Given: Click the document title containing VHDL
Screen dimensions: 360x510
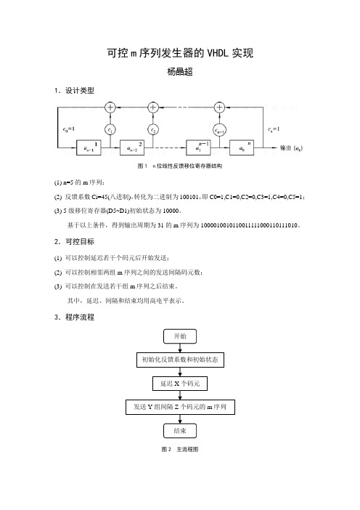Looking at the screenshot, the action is (x=180, y=53).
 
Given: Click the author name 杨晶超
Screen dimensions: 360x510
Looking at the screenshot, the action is (x=180, y=71).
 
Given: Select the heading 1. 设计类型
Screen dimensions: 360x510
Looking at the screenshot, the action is (x=74, y=90).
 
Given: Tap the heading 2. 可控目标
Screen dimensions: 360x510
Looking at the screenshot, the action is (x=74, y=241).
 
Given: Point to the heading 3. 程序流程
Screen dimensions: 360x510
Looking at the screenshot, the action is (x=74, y=317).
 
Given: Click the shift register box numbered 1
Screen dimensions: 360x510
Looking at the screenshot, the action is (x=89, y=147).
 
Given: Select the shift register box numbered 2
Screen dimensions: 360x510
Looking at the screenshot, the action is (x=132, y=147).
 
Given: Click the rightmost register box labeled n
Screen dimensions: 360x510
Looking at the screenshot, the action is (x=242, y=147).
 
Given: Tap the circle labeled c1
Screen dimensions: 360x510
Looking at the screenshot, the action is (x=110, y=130).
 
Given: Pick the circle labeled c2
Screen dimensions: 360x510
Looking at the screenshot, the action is (x=153, y=130).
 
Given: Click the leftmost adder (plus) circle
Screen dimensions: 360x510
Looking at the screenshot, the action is (x=110, y=107).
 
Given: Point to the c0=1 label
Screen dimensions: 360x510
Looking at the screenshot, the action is (x=68, y=129).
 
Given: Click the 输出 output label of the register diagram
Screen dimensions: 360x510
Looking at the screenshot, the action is (x=292, y=148).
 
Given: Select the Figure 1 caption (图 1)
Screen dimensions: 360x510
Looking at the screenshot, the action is (x=180, y=166).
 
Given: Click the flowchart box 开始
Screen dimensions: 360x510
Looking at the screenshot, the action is (x=180, y=336).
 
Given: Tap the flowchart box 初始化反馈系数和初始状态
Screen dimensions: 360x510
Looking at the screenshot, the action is (x=180, y=360).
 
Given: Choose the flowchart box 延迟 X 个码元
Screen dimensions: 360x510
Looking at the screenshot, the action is (x=180, y=384).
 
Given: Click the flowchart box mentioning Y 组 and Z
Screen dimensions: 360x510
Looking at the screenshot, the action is (x=180, y=407).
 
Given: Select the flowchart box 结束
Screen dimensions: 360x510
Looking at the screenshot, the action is (x=180, y=431).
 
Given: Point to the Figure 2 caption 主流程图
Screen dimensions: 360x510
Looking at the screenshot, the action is (x=180, y=449).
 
